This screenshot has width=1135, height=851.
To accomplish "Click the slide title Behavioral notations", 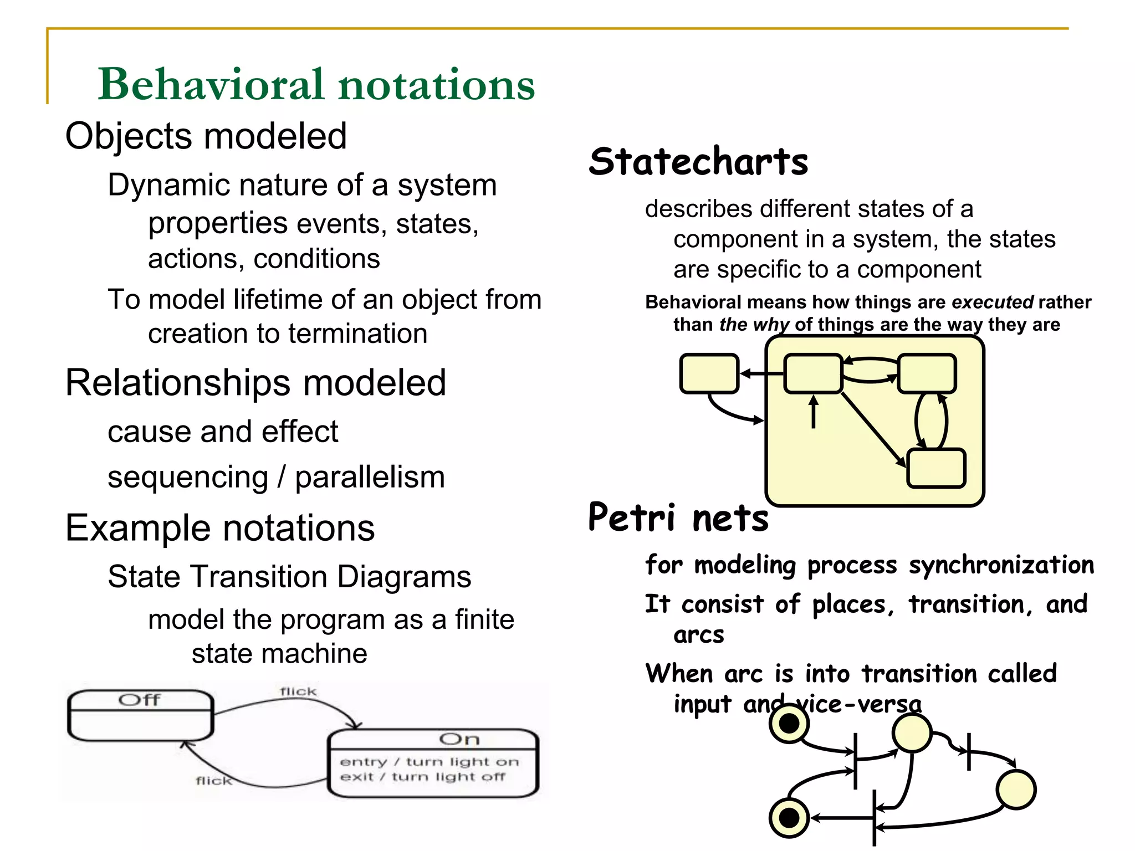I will (x=316, y=84).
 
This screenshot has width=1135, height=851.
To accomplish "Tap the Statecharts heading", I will (x=698, y=162).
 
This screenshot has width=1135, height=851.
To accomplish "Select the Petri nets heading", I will (x=678, y=517).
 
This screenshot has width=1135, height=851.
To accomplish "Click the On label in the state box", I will (x=459, y=739).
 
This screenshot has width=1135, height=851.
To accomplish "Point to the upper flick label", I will (x=298, y=691).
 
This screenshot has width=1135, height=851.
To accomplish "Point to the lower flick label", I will (x=214, y=781).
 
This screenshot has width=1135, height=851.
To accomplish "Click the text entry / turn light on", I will (x=429, y=762).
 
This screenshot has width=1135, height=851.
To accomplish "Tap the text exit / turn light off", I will (x=422, y=777).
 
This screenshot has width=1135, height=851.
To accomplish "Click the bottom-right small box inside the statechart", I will (x=936, y=468).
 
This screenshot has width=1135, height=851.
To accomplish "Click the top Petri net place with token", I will (x=789, y=723).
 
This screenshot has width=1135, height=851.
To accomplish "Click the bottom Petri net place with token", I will (x=789, y=817).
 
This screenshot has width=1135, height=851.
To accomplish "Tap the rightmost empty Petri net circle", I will (x=1016, y=789).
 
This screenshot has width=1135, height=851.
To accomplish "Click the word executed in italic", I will (x=992, y=303).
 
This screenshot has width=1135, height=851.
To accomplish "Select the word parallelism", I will (x=370, y=477).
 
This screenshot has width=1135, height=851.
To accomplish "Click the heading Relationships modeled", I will (x=255, y=382).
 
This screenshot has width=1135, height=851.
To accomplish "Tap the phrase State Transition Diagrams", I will (x=289, y=577).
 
